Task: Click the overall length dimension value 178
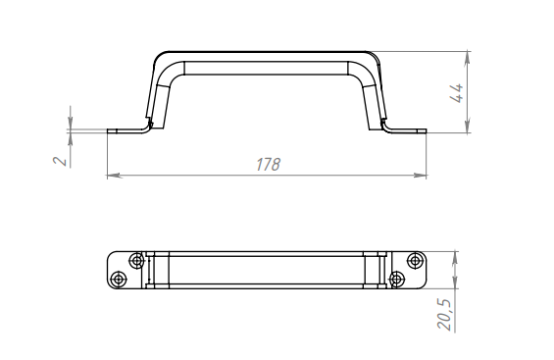click(268, 165)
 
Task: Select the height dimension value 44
click(458, 93)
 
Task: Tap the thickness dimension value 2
click(61, 161)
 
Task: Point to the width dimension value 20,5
click(444, 314)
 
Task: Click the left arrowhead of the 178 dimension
click(115, 175)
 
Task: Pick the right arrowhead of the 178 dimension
click(420, 175)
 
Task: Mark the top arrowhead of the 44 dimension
click(468, 58)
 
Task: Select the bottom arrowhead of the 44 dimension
click(468, 126)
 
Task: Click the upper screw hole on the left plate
click(136, 261)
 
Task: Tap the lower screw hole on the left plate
click(118, 279)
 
